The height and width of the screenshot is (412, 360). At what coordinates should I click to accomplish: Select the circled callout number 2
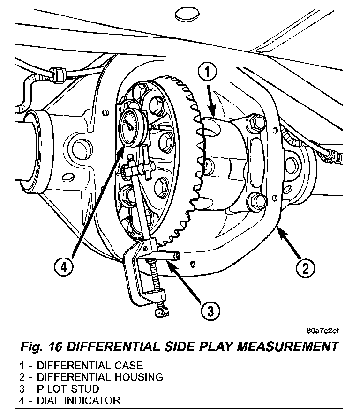point(305,269)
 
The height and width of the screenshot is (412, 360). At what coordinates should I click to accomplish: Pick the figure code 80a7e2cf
point(322,331)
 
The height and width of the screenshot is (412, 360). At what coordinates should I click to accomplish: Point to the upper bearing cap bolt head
point(256,123)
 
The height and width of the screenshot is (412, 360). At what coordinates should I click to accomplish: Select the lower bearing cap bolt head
point(257,201)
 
